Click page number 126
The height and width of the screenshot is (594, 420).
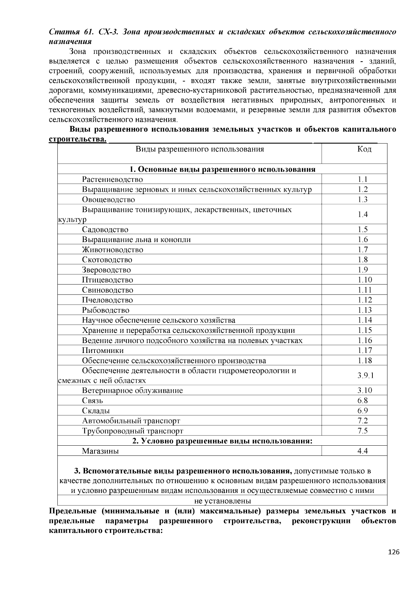[394, 552]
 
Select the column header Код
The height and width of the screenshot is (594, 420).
[364, 149]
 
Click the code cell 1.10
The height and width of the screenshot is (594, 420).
[365, 280]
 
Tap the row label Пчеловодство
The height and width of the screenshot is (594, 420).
[107, 300]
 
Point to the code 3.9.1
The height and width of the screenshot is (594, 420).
[365, 375]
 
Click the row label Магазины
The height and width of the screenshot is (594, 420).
[100, 451]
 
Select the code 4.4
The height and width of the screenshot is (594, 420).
[363, 451]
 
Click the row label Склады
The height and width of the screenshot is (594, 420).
[96, 411]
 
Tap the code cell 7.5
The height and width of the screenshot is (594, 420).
[363, 431]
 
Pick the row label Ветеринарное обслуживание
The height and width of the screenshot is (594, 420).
[132, 391]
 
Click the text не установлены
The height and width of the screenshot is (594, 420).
[223, 501]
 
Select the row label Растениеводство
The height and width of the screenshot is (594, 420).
[112, 179]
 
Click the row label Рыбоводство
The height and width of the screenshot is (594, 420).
[106, 310]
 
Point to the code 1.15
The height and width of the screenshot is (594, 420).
[365, 330]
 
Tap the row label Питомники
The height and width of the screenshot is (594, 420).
[103, 351]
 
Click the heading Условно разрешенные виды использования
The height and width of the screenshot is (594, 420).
[222, 441]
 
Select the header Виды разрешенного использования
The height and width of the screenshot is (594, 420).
[199, 149]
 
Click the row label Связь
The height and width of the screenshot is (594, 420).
[92, 401]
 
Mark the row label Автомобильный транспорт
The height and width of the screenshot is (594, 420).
[131, 421]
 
